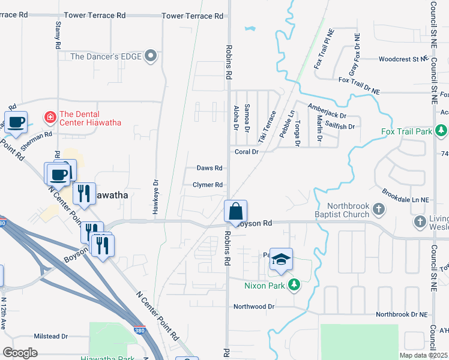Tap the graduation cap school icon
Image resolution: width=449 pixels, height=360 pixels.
pyautogui.click(x=280, y=260)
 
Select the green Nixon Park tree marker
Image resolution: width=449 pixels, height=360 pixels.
pyautogui.click(x=294, y=285)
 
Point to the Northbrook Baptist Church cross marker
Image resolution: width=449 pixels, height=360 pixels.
pyautogui.click(x=378, y=209)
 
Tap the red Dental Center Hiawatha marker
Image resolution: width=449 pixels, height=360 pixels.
pyautogui.click(x=50, y=116)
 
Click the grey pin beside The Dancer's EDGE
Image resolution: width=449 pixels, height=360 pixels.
pyautogui.click(x=151, y=56)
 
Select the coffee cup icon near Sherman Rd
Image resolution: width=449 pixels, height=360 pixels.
pyautogui.click(x=16, y=123)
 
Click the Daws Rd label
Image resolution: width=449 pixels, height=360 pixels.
pyautogui.click(x=209, y=169)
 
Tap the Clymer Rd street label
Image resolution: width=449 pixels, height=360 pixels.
pyautogui.click(x=208, y=185)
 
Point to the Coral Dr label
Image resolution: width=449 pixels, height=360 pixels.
pyautogui.click(x=246, y=152)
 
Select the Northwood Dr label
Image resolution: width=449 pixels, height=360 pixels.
pyautogui.click(x=254, y=306)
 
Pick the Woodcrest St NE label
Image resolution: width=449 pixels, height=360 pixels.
pyautogui.click(x=402, y=59)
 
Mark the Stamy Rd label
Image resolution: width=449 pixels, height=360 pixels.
pyautogui.click(x=58, y=35)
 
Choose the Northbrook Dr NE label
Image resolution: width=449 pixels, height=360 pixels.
pyautogui.click(x=402, y=314)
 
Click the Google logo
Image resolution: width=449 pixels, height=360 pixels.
pyautogui.click(x=20, y=352)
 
